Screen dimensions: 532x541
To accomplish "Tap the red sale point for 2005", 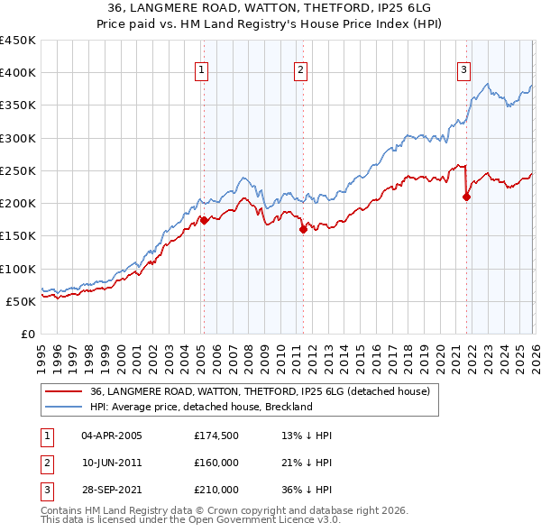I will (204, 220).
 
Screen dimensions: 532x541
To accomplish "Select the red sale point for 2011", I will (303, 229).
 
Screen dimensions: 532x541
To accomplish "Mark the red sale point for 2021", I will (466, 197).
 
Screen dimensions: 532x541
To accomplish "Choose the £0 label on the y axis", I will (27, 334).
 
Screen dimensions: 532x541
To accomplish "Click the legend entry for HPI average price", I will (200, 407).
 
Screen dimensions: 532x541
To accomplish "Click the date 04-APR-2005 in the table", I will (112, 436).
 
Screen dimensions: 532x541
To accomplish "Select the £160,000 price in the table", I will (216, 463).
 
